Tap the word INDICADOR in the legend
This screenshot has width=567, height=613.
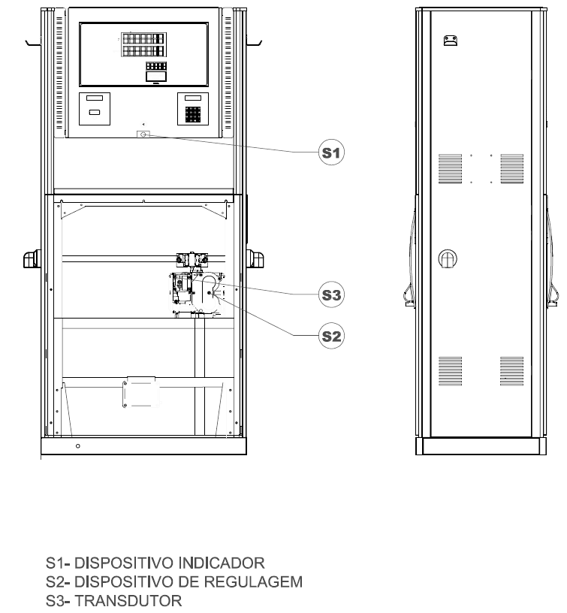[x=222, y=563]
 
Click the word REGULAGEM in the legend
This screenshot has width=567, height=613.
[x=253, y=581]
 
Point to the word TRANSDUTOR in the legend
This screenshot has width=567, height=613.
[x=128, y=600]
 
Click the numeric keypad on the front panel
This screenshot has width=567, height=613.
[x=193, y=114]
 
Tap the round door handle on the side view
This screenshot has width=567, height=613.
[x=448, y=258]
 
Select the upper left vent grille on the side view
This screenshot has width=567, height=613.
[x=450, y=168]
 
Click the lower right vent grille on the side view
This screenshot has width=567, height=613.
[x=511, y=371]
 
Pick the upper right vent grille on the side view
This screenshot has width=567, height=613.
[x=511, y=168]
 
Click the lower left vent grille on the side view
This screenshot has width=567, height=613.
[x=450, y=371]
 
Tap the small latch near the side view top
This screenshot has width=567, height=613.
[x=450, y=41]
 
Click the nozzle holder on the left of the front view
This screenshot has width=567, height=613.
[x=32, y=259]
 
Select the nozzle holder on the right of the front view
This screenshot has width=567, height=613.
[x=255, y=259]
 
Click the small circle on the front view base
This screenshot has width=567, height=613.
[x=78, y=446]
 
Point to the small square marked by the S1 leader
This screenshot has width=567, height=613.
[x=143, y=134]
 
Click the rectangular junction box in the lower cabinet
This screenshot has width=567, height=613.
[x=141, y=392]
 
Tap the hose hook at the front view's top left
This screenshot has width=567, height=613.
[x=33, y=42]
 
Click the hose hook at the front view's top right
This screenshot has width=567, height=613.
[x=254, y=42]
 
